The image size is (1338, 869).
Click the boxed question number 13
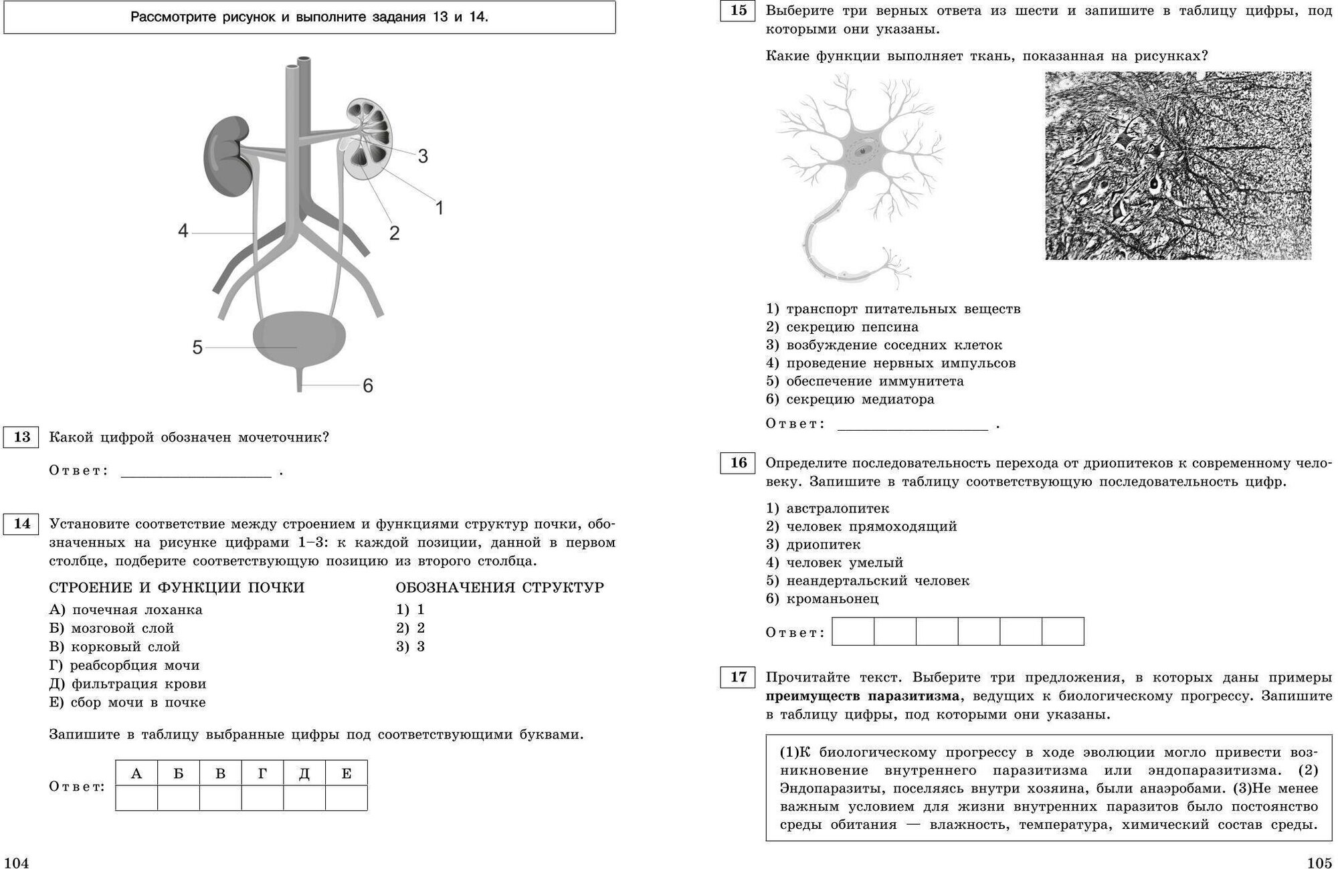(21, 438)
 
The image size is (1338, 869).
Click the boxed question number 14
(21, 523)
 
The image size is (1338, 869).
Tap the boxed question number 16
(738, 463)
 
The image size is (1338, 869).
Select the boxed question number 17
(738, 677)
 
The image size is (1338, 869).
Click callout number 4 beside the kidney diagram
(183, 231)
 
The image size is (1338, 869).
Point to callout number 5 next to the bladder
(197, 348)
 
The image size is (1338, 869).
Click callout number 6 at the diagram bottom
(367, 386)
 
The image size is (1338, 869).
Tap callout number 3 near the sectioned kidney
(423, 157)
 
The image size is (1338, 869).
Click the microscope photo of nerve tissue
(1177, 165)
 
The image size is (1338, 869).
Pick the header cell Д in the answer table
(304, 773)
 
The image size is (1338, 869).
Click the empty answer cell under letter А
(136, 798)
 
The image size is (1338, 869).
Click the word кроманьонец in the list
(832, 599)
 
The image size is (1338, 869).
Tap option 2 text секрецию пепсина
(852, 327)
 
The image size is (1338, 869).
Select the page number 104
(17, 862)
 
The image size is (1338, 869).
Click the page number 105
(1320, 862)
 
